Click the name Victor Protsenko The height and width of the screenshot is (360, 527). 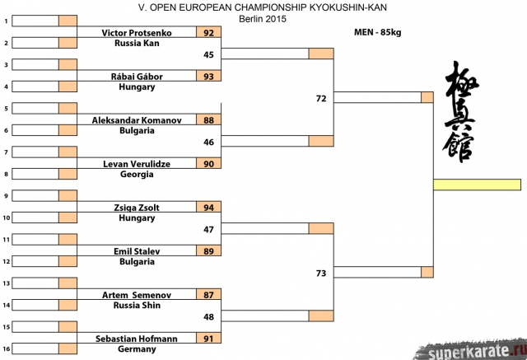pos(137,33)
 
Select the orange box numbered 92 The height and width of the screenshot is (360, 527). pos(208,33)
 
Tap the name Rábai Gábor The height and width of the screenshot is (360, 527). pos(137,77)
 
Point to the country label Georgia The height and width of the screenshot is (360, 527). pos(137,174)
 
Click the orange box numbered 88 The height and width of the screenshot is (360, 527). pos(208,120)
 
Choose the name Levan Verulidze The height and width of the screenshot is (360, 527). pos(137,164)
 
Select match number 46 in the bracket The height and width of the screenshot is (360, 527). pos(208,142)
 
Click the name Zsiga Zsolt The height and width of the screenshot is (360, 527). pos(137,207)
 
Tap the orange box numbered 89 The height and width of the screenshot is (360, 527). pos(208,250)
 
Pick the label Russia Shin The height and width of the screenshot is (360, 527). pos(137,305)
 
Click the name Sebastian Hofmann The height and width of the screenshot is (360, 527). pos(137,338)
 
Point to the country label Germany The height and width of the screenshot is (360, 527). pos(137,348)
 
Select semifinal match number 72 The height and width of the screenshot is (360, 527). pos(321,98)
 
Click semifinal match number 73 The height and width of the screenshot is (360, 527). pos(321,272)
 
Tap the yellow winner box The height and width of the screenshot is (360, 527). pos(477,185)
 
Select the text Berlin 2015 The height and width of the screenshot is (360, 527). pos(263,18)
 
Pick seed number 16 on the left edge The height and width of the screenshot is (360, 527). pos(6,348)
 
